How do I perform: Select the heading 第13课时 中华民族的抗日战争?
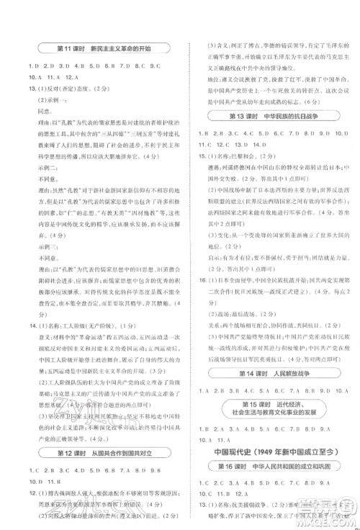click(x=276, y=114)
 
